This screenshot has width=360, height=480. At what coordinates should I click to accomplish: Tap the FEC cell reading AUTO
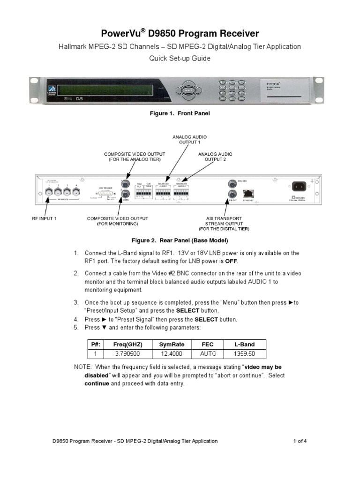(x=207, y=354)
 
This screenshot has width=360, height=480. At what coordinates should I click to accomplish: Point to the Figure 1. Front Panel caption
(x=180, y=113)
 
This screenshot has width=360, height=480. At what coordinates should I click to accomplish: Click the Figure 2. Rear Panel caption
(x=180, y=240)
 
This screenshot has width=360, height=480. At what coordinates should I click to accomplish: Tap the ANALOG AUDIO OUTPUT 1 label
(x=190, y=139)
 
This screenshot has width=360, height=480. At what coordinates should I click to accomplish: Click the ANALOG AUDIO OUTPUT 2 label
(x=215, y=156)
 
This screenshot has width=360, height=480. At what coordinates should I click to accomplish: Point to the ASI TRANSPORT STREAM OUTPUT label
(x=224, y=224)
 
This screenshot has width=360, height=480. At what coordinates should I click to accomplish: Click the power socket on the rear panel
(x=299, y=186)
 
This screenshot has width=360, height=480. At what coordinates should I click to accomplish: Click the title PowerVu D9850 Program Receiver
(x=180, y=34)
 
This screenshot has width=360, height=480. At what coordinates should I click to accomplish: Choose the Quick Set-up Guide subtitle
(x=180, y=59)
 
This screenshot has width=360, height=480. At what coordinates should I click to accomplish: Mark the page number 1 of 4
(x=300, y=441)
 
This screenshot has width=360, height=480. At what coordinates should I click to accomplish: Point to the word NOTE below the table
(x=83, y=367)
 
